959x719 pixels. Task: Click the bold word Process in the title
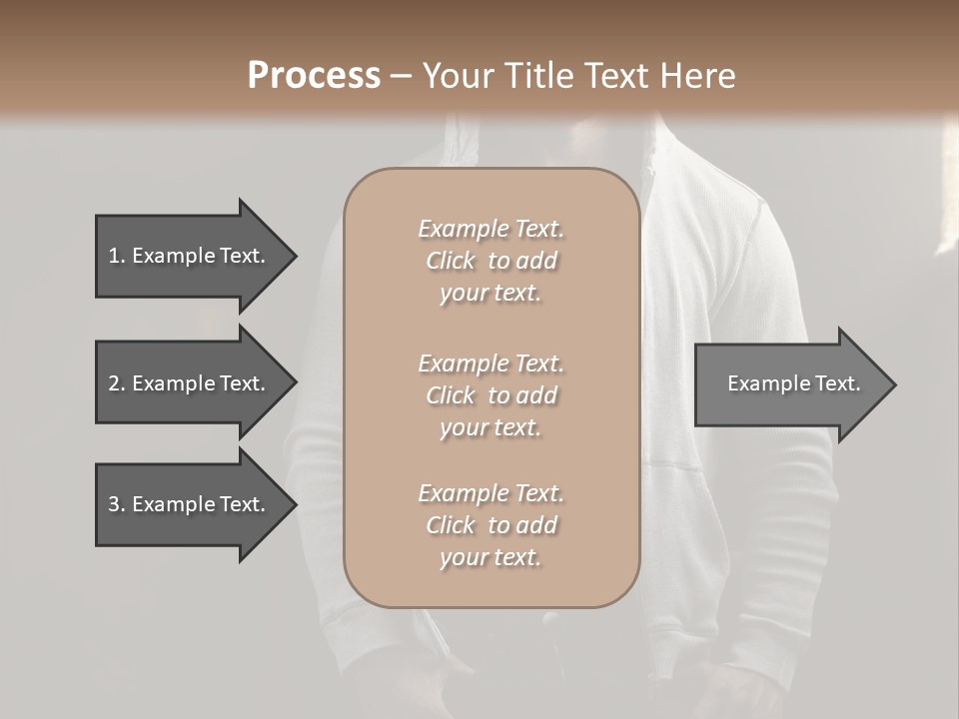pos(314,76)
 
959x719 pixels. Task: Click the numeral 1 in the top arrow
pos(113,256)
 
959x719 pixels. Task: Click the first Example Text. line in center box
pos(490,229)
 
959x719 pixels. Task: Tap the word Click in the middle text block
pos(450,395)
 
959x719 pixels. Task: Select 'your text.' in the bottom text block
pos(490,557)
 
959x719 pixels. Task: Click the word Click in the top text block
pos(450,261)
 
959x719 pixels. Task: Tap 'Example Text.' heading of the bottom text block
pos(490,493)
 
